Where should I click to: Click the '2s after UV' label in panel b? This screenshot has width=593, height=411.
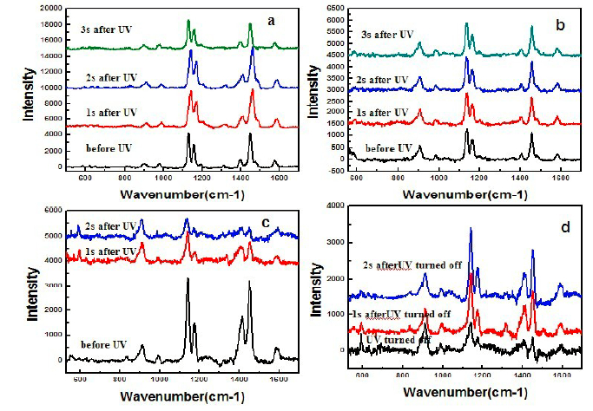pos(381,80)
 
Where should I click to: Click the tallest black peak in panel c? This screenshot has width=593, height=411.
pos(188,279)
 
